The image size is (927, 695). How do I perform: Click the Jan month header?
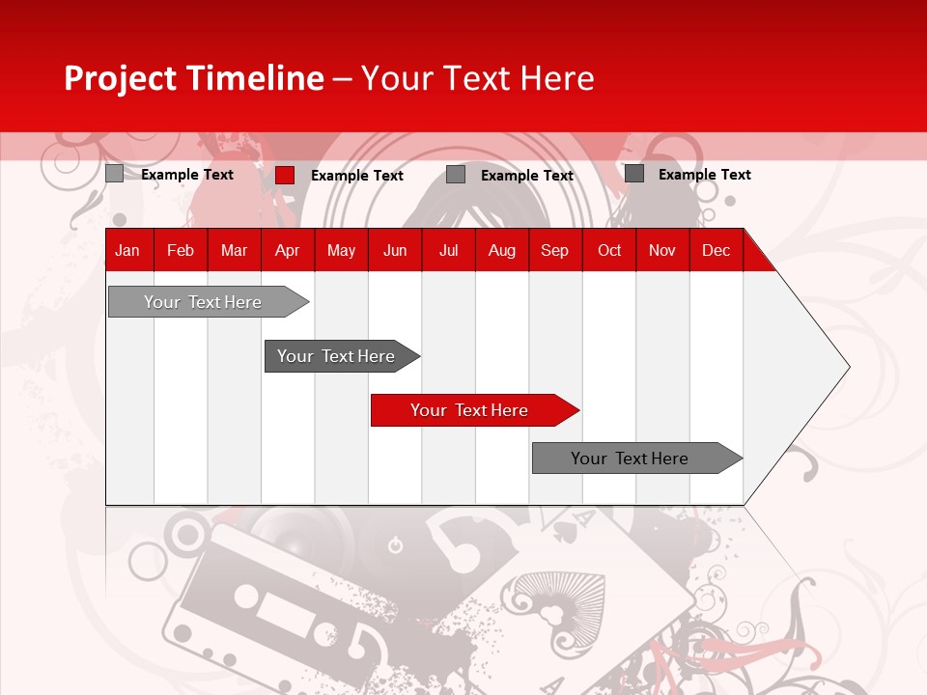pyautogui.click(x=127, y=250)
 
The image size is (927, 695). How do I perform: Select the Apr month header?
pyautogui.click(x=287, y=250)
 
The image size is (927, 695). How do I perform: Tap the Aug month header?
pyautogui.click(x=501, y=250)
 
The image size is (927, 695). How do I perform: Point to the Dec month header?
pyautogui.click(x=716, y=250)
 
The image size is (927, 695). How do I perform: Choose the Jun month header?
pyautogui.click(x=394, y=250)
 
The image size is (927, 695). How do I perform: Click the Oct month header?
pyautogui.click(x=608, y=250)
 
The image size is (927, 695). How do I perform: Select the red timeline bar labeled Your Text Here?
pyautogui.click(x=469, y=410)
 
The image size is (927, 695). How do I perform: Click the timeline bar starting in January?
pyautogui.click(x=203, y=302)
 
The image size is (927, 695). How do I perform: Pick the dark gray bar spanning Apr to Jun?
pyautogui.click(x=336, y=356)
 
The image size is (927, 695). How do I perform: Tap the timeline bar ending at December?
pyautogui.click(x=630, y=459)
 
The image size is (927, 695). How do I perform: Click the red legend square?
pyautogui.click(x=284, y=175)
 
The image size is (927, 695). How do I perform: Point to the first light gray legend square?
pyautogui.click(x=114, y=174)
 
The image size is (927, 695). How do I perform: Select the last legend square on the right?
pyautogui.click(x=634, y=174)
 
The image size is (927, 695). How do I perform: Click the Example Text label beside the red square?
pyautogui.click(x=356, y=176)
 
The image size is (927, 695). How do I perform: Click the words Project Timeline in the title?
pyautogui.click(x=193, y=78)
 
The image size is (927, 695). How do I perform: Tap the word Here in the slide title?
pyautogui.click(x=557, y=78)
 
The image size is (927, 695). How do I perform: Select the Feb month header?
pyautogui.click(x=180, y=250)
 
